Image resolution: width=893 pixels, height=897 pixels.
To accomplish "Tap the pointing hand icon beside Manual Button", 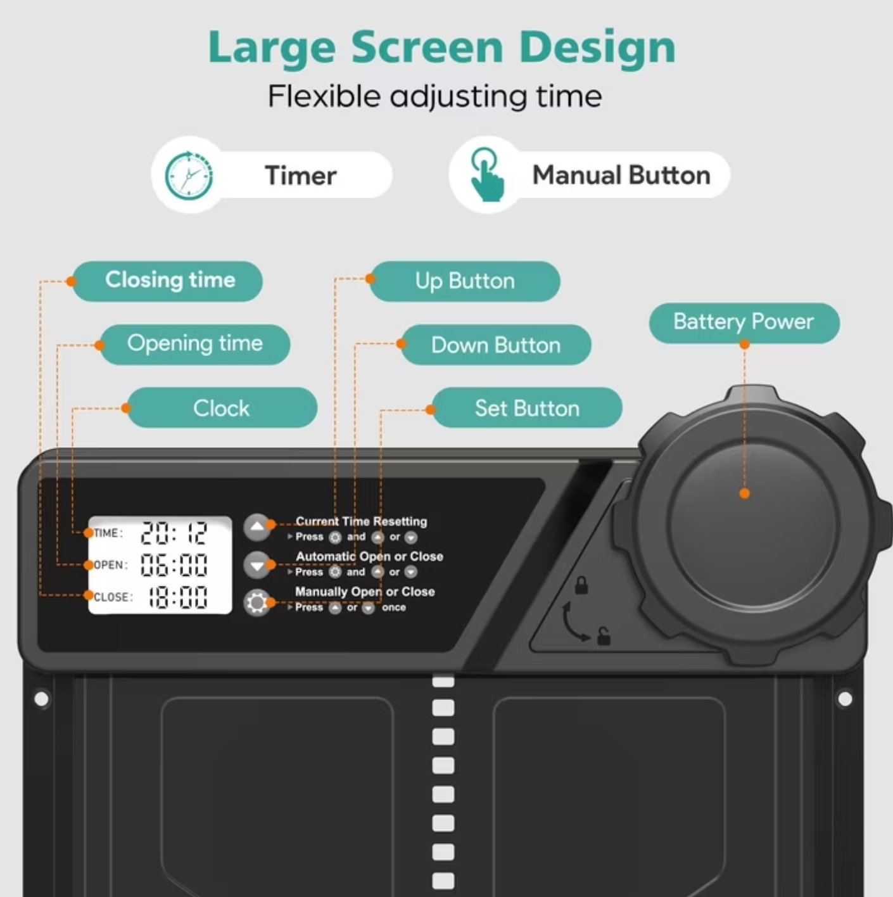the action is point(486,175).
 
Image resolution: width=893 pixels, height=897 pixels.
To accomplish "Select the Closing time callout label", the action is point(168,281).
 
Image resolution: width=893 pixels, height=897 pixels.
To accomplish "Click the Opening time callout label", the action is point(195,345).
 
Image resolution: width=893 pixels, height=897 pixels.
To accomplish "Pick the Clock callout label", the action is point(222,408).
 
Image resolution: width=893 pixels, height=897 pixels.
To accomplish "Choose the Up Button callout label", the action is point(465,281).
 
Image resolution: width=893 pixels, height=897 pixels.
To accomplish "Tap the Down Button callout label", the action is point(496,345).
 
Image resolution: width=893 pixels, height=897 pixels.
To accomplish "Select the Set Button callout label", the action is point(527,408).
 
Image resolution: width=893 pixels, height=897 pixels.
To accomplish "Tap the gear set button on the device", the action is point(256,603).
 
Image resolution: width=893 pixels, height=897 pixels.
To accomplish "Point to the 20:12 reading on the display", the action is point(174,533).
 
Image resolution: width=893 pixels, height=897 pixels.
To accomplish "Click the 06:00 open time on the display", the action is point(174,565).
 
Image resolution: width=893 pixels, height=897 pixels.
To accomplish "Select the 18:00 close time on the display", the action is point(177,597).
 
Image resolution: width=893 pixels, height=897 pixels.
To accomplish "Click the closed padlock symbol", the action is point(581,585).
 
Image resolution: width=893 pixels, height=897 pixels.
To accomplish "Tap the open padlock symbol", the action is point(604,636).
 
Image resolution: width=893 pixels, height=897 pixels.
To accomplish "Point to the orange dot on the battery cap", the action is point(744,494).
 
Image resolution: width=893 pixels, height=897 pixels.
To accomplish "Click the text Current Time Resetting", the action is point(361,521).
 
